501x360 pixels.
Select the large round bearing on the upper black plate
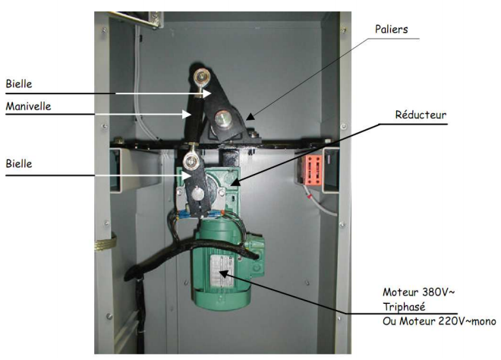coord(225,117)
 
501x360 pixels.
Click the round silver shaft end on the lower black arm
coord(199,194)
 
